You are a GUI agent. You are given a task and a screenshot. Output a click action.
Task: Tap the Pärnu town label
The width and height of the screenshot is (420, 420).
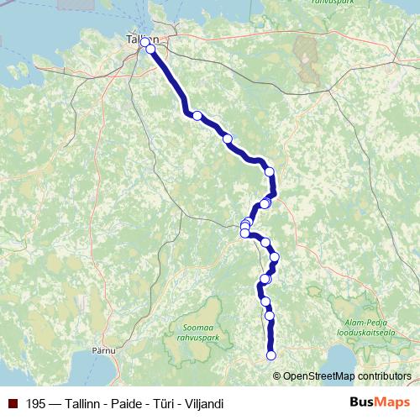point(103,349)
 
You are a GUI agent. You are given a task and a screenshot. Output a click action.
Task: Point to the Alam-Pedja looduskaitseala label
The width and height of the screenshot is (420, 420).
point(369,326)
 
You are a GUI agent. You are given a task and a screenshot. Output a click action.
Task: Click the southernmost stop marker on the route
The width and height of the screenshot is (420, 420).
point(271,356)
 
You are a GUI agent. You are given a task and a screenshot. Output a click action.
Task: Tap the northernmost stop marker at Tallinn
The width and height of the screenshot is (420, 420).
point(144,41)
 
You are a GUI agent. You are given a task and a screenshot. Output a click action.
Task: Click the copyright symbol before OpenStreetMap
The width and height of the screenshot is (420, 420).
point(278,375)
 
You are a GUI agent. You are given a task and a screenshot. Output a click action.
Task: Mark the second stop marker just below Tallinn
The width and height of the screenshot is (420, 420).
point(151,50)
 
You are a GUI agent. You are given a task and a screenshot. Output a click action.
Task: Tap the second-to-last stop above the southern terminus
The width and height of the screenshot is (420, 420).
point(270,316)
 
